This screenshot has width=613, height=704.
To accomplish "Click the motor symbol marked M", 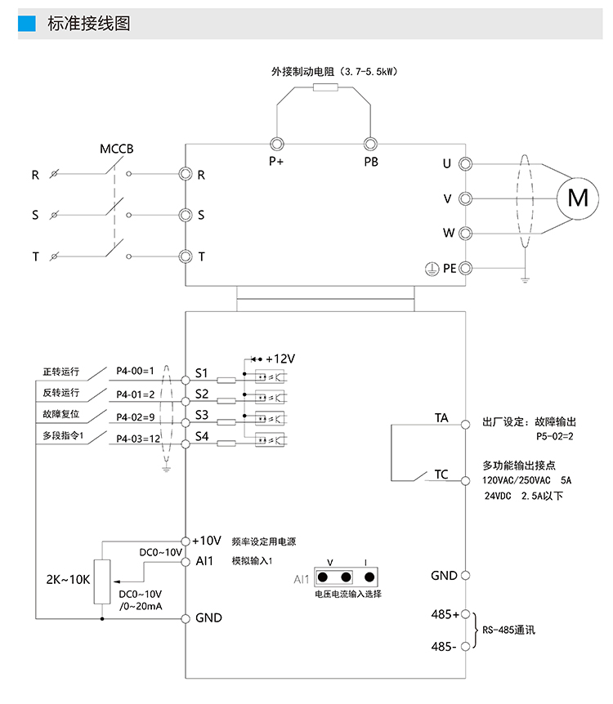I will [x=577, y=198].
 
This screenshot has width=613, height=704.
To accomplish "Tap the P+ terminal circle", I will [x=275, y=143].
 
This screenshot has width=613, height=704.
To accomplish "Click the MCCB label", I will [x=116, y=149].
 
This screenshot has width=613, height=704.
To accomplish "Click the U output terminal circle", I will [x=465, y=163].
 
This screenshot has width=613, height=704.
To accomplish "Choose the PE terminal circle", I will [x=465, y=267].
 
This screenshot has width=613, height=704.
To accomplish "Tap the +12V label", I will [x=280, y=359].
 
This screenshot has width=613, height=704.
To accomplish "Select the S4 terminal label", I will [x=201, y=439].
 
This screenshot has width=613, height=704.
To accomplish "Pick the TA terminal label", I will [x=441, y=417].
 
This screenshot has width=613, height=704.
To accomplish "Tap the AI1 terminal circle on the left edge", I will [x=186, y=561].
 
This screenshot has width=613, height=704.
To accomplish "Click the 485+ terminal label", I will [x=445, y=613].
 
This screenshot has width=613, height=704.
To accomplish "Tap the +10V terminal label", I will [x=207, y=541].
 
